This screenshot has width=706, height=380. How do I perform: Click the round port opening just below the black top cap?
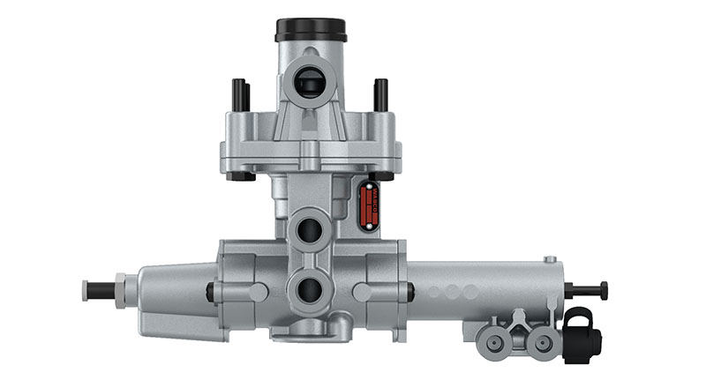tap(308, 82)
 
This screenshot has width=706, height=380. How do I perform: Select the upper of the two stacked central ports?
tap(309, 230)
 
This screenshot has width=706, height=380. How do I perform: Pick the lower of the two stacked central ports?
tap(309, 288)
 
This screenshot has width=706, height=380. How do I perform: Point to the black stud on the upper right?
tap(380, 93)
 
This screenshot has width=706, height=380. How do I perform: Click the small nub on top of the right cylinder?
tap(551, 259)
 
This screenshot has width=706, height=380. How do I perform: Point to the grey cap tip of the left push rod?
tap(86, 288)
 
